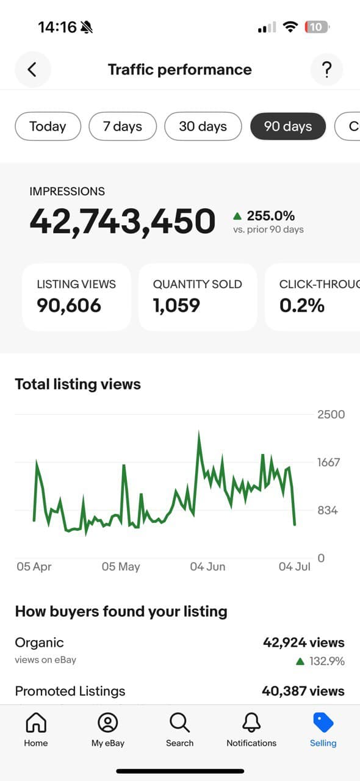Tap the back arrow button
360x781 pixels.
coord(32,70)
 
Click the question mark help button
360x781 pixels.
coord(326,70)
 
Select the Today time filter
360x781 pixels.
coord(48,126)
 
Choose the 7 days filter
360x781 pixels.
coord(123,126)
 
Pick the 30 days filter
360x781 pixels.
coord(203,126)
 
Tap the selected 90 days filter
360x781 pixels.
coord(288,126)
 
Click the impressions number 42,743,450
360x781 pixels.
coord(123,221)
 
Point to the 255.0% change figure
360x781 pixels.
coord(270,215)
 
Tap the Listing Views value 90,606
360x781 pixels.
coord(69,304)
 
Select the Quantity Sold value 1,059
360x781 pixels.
coord(176,304)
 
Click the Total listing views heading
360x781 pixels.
coord(77,384)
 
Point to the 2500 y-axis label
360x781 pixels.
coord(331,414)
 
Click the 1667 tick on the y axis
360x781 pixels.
coord(328,462)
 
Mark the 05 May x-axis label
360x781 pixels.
coord(121,566)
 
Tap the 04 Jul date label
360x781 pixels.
coord(295,566)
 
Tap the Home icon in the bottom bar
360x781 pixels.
coord(36,723)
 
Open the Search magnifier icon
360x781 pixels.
coord(179,723)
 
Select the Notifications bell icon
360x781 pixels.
coord(251,723)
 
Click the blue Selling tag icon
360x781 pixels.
coord(323,723)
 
